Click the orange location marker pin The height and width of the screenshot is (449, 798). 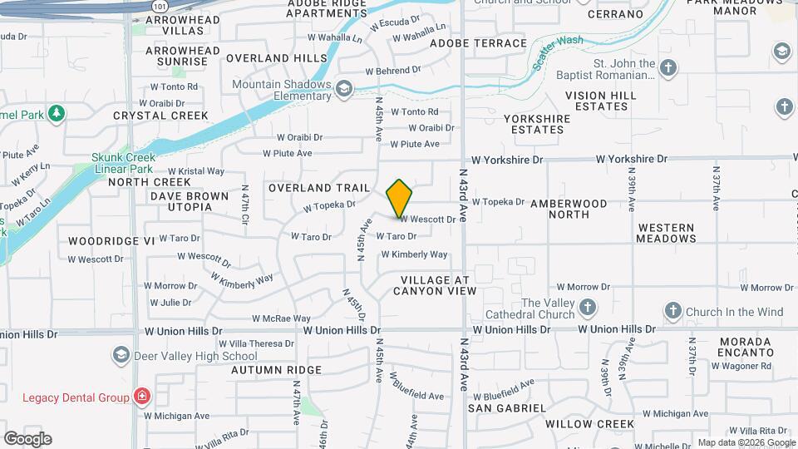click(x=400, y=199)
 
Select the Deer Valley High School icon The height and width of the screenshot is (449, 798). click(x=121, y=356)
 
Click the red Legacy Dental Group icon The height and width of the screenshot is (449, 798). click(x=142, y=397)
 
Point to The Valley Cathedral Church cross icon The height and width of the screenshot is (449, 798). click(x=588, y=308)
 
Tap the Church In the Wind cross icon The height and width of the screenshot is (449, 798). click(x=672, y=312)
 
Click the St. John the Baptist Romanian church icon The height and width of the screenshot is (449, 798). click(x=669, y=67)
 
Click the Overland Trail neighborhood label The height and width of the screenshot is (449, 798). click(x=313, y=188)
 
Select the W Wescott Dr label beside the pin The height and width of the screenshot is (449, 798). click(x=428, y=220)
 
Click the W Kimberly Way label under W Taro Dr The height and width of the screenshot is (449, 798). click(x=414, y=254)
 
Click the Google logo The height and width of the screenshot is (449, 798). click(x=27, y=438)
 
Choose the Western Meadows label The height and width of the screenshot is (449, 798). click(x=666, y=233)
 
